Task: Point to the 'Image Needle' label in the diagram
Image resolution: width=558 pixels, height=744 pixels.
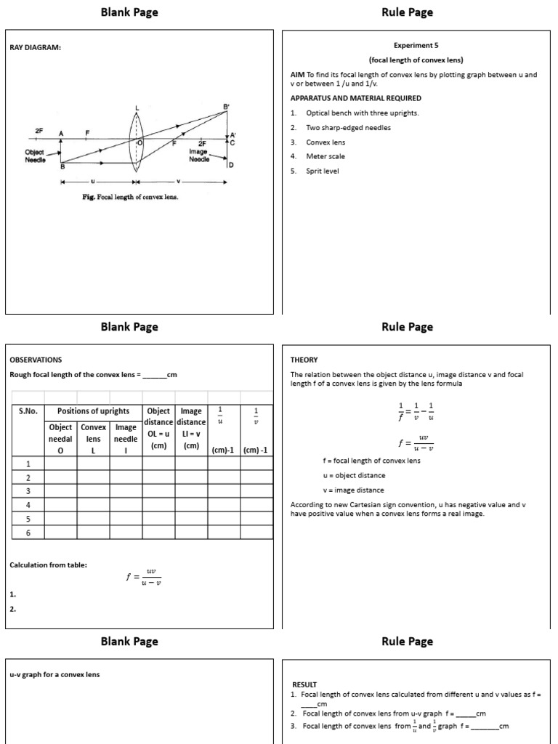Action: click(199, 155)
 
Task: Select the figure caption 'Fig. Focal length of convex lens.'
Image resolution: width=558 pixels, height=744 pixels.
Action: click(130, 197)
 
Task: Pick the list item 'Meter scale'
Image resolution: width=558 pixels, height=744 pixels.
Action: click(325, 156)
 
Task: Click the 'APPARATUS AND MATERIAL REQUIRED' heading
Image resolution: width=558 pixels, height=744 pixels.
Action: click(355, 98)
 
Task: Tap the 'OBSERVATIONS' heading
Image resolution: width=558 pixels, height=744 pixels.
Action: click(36, 360)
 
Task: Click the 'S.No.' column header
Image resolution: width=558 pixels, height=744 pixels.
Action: click(28, 411)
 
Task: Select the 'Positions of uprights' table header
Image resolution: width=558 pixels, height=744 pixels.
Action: click(93, 411)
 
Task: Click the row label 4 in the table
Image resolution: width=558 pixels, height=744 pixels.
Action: click(28, 505)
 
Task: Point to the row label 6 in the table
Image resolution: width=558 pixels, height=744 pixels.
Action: click(28, 533)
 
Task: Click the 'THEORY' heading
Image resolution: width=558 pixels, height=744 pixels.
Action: click(304, 360)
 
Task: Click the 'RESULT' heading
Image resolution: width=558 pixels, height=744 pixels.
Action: click(304, 684)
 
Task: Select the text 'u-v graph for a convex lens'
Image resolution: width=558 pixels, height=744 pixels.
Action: click(54, 674)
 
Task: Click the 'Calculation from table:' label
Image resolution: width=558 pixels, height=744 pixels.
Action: click(48, 565)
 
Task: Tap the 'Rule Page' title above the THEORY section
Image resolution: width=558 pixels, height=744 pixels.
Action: click(407, 327)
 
